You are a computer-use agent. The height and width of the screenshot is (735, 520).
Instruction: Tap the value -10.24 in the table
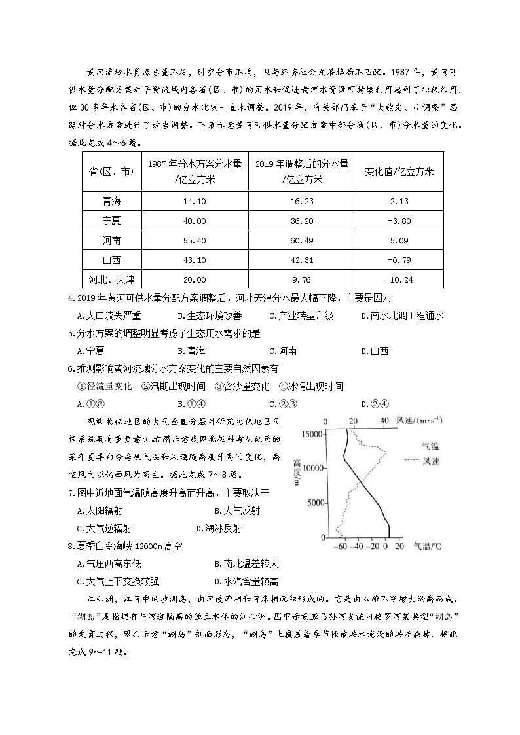click(x=399, y=279)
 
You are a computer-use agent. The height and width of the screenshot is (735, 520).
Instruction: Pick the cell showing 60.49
click(x=301, y=241)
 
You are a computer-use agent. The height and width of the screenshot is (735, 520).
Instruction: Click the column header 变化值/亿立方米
click(x=399, y=171)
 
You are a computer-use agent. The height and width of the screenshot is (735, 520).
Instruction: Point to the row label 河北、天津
click(x=111, y=279)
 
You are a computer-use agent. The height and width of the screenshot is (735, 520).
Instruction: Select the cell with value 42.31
click(x=301, y=260)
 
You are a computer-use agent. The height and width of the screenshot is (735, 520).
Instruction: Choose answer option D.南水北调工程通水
click(x=402, y=315)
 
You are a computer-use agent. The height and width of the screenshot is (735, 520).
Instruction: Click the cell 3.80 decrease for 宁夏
click(x=399, y=221)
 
